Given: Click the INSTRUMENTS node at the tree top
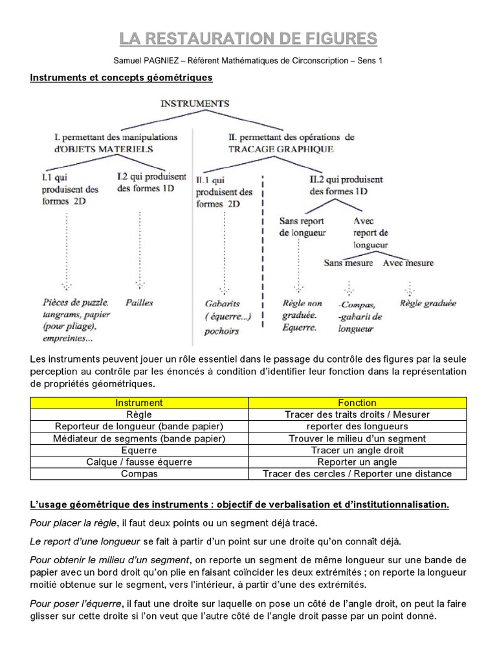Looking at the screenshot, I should [x=194, y=103].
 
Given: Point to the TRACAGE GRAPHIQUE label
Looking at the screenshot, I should [x=281, y=149].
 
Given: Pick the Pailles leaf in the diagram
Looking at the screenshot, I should [x=139, y=302].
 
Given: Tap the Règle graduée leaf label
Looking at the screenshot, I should [x=428, y=303].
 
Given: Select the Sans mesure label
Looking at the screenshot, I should [x=348, y=263].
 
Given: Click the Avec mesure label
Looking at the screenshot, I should [x=408, y=263].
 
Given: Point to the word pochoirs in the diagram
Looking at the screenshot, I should [x=222, y=331].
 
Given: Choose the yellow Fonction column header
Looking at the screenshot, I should [x=357, y=403].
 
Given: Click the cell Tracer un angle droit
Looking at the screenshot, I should [x=357, y=450].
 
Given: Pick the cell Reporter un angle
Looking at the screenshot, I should [x=357, y=462].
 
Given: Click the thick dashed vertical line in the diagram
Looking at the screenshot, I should [x=263, y=259].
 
